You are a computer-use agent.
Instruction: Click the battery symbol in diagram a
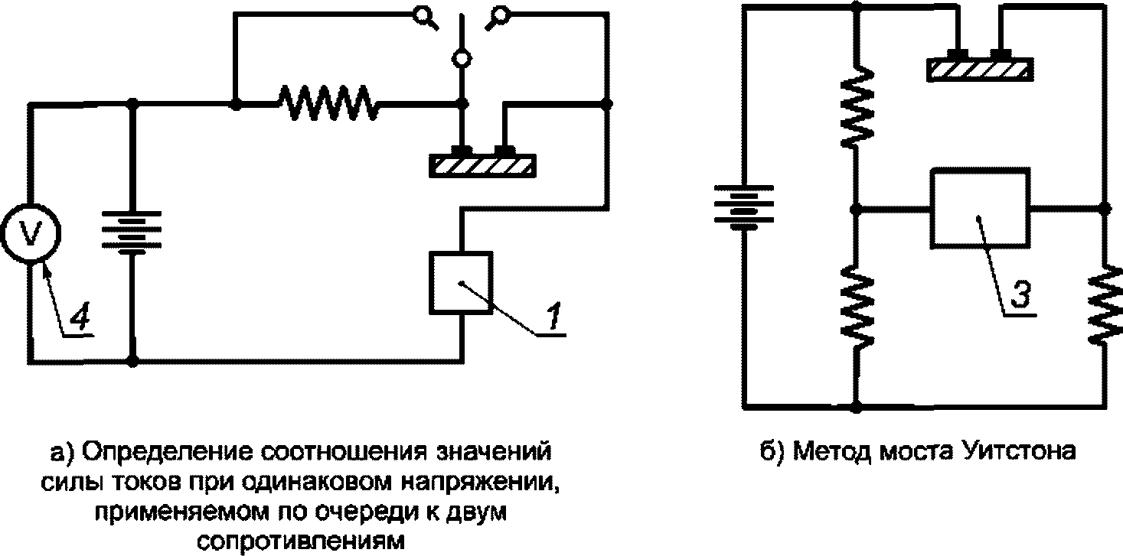[132, 232]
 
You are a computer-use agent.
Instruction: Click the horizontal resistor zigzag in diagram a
[328, 102]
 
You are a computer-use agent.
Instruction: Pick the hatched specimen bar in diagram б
[978, 69]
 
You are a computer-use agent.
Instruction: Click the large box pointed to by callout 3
[978, 208]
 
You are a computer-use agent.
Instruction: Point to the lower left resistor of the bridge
[857, 302]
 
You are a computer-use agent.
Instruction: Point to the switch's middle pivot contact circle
[462, 57]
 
